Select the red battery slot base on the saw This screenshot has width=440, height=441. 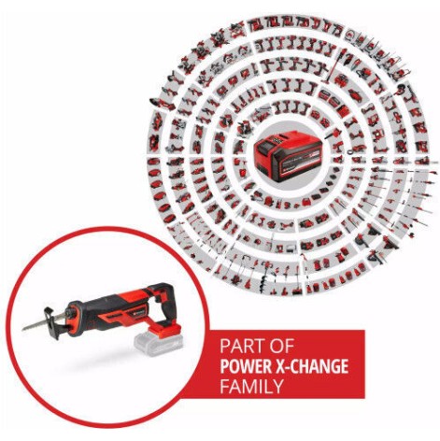tap(154, 323)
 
